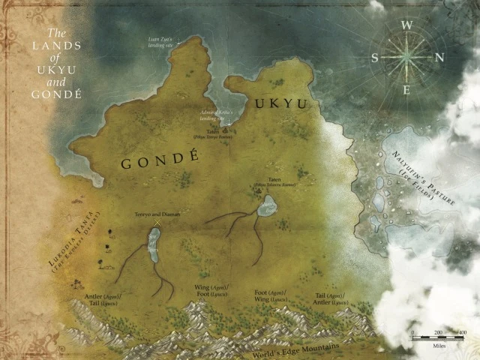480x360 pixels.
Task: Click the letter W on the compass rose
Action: [408, 24]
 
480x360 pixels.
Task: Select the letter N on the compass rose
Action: [440, 57]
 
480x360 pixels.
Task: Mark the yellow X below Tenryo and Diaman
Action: [157, 222]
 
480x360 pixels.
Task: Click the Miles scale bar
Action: [437, 338]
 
